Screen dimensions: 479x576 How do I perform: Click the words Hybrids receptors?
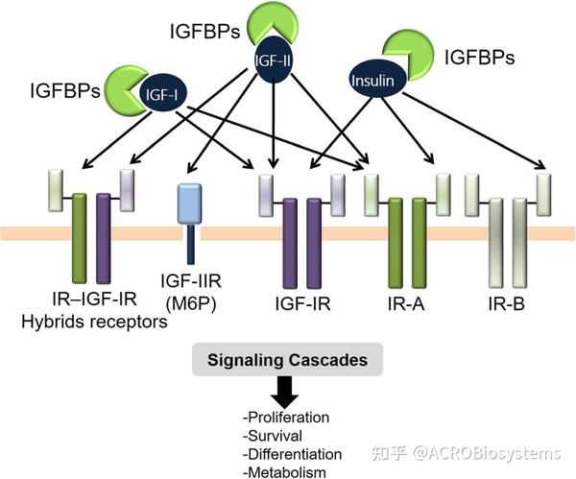tap(94, 323)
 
